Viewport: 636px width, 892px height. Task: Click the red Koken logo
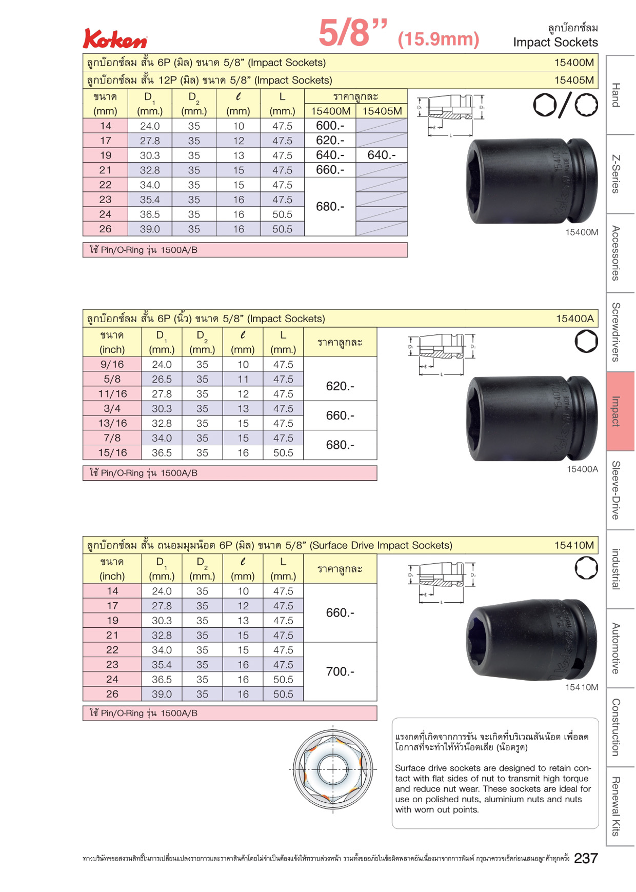click(x=115, y=38)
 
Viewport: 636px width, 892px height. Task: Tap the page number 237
click(x=586, y=859)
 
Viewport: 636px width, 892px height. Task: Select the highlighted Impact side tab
click(x=621, y=411)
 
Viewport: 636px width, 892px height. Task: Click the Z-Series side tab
click(x=621, y=174)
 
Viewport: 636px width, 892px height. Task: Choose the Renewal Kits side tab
click(x=621, y=806)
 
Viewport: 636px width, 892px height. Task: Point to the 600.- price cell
click(x=330, y=126)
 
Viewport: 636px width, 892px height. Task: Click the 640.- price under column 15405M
click(x=382, y=155)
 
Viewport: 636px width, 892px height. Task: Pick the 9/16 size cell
click(x=112, y=364)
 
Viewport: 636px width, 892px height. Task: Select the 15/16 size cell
click(x=112, y=453)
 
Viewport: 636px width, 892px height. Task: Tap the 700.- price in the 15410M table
click(x=340, y=672)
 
